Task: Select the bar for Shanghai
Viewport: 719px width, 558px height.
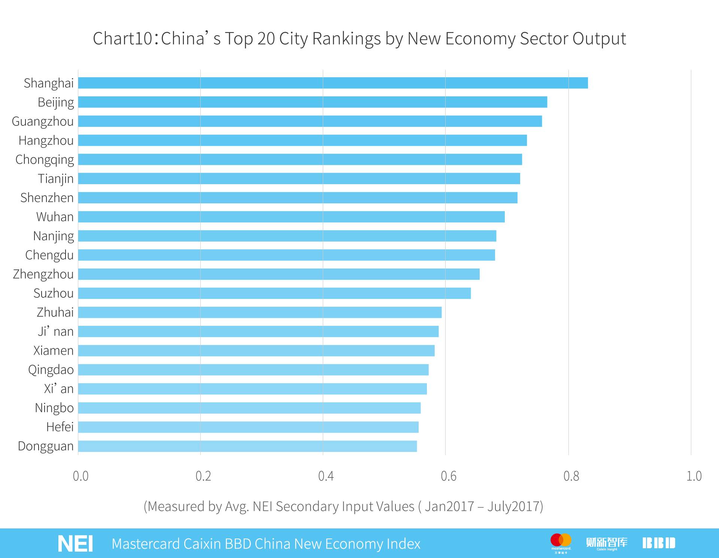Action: click(333, 83)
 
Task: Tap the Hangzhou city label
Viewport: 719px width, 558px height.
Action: click(46, 140)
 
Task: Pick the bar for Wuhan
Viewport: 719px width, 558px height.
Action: click(291, 217)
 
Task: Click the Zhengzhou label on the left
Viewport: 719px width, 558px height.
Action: click(43, 274)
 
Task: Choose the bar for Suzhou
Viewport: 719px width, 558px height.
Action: click(274, 293)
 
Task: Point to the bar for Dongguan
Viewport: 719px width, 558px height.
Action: click(247, 446)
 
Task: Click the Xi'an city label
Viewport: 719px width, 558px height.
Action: click(59, 389)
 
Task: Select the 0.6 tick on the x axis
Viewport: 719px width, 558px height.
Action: click(448, 476)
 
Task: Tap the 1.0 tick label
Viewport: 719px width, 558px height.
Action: click(694, 476)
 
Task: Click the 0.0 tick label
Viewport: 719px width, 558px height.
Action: click(81, 476)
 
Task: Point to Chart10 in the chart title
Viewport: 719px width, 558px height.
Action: click(122, 39)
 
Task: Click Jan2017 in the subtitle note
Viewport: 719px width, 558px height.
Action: click(449, 506)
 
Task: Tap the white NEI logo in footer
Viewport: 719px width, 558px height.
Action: click(75, 543)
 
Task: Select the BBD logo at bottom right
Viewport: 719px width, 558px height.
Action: click(659, 543)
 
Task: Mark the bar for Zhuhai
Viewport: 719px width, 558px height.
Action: click(260, 312)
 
